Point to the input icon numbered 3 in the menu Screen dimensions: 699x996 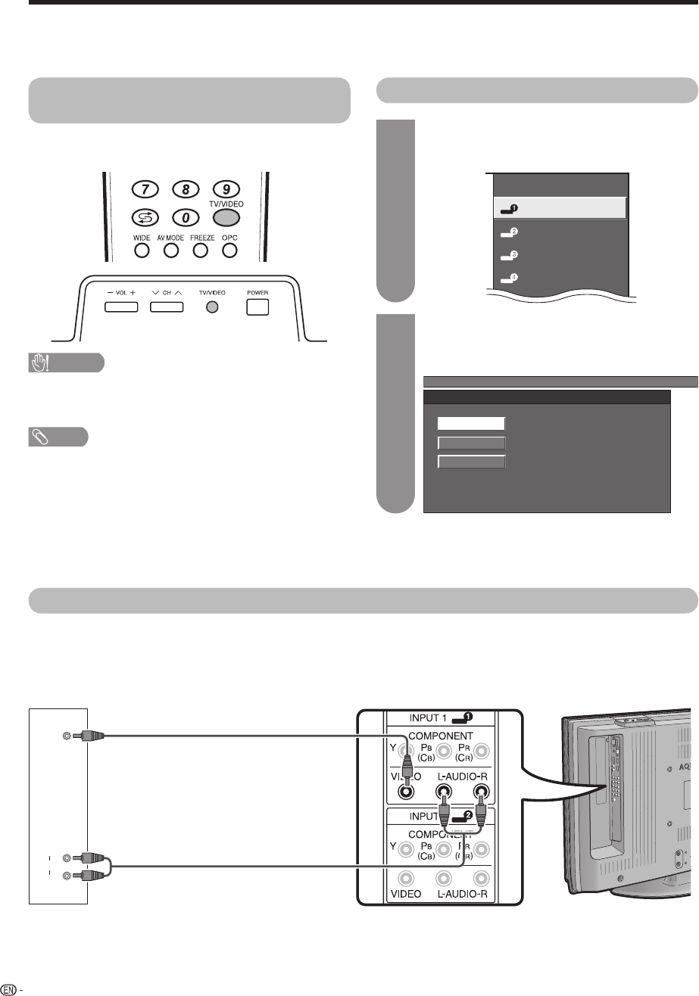coord(507,257)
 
